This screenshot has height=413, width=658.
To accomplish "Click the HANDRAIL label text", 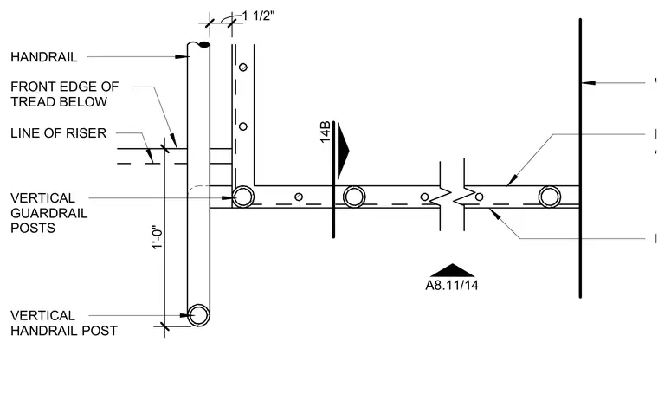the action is coord(44,57).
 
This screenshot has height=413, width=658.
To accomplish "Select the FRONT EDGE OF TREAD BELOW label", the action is coord(65,94).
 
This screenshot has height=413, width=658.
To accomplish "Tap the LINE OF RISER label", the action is coord(58,133).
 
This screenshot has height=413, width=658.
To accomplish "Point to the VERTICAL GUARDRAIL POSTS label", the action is coord(49,213).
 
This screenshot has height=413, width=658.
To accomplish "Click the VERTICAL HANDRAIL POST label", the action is coord(64,323).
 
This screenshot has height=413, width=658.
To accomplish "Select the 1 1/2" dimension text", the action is coord(259,16).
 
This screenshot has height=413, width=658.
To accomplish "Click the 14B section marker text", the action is coord(326,132).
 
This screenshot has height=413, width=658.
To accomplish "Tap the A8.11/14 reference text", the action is coord(452,286).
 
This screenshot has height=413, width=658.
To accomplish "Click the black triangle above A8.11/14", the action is coord(452,271).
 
